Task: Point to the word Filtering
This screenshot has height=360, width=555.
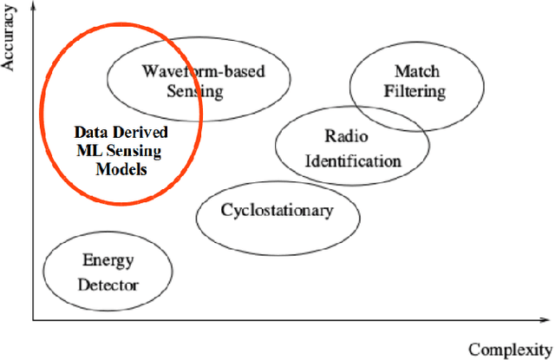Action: pyautogui.click(x=416, y=90)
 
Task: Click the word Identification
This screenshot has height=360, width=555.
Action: pyautogui.click(x=350, y=160)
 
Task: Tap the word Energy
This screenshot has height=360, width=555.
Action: pyautogui.click(x=103, y=259)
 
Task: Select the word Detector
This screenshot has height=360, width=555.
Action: pyautogui.click(x=108, y=284)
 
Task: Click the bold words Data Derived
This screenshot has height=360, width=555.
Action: pyautogui.click(x=121, y=133)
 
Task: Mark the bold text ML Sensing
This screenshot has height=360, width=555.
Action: pyautogui.click(x=120, y=152)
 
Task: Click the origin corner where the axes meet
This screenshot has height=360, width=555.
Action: pyautogui.click(x=34, y=320)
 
